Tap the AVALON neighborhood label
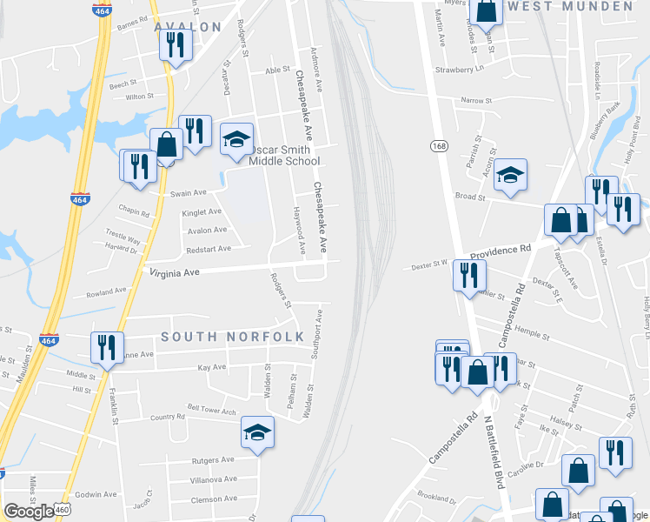188,27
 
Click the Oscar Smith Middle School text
284,156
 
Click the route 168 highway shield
437,146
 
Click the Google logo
28,512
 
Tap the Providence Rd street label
501,250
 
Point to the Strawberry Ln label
459,70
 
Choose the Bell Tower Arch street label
211,410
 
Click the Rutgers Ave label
213,459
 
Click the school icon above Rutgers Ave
257,432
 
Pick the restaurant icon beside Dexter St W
468,275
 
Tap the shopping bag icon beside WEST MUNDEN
487,10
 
